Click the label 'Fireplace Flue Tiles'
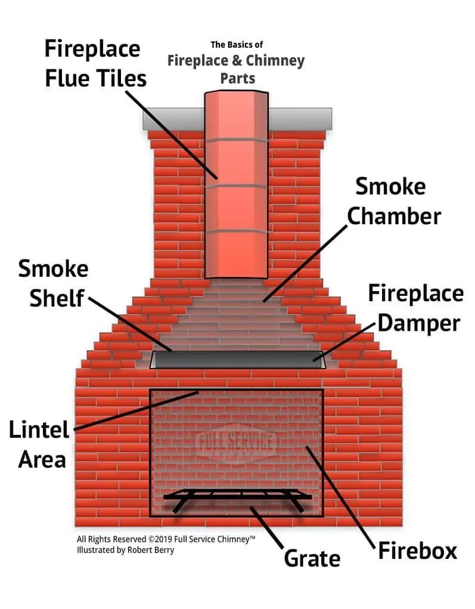click(x=94, y=64)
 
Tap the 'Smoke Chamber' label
click(x=393, y=201)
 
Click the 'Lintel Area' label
click(x=39, y=444)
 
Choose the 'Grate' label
click(x=312, y=558)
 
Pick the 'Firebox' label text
click(x=417, y=550)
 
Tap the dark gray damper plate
click(x=238, y=360)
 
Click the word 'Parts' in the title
click(x=237, y=78)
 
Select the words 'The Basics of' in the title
click(x=237, y=45)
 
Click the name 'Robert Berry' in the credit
click(x=151, y=550)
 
